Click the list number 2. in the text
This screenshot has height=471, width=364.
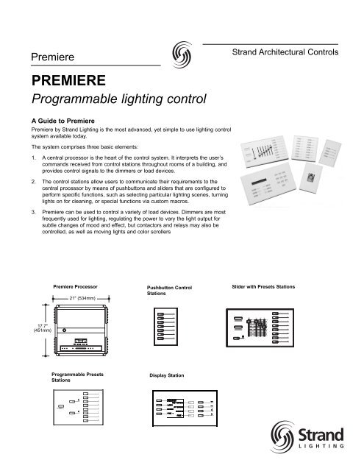[x=25, y=180]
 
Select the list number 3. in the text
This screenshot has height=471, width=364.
[x=25, y=212]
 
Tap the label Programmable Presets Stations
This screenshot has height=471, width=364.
[x=77, y=378]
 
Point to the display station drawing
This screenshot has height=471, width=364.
[x=184, y=408]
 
